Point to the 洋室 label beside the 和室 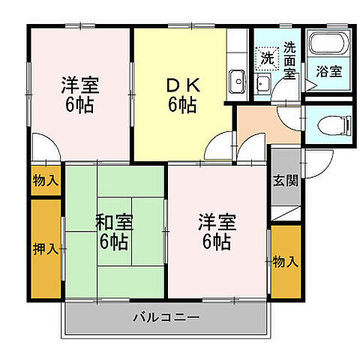(x=217, y=222)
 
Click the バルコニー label (x=166, y=318)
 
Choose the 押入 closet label (x=45, y=247)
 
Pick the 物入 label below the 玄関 (x=285, y=261)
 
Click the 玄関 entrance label (x=285, y=181)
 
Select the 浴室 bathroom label (x=328, y=73)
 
